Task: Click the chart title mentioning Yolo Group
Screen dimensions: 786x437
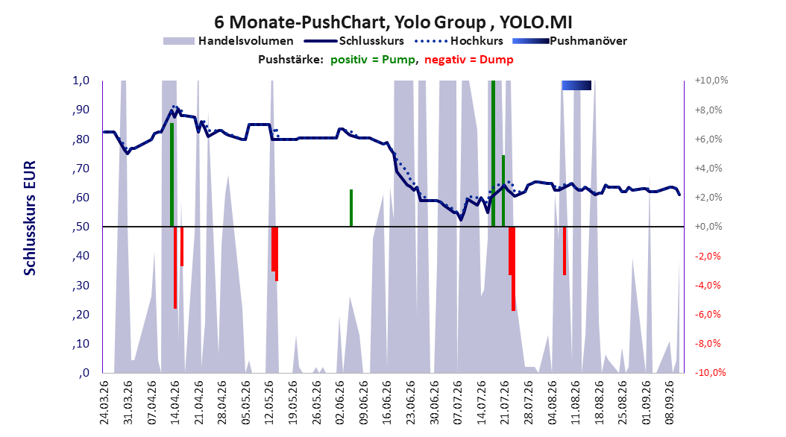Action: tap(393, 22)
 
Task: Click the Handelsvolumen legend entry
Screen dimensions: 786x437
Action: tap(228, 41)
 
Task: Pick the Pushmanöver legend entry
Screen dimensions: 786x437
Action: tap(570, 41)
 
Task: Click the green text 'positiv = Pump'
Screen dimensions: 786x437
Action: tap(373, 60)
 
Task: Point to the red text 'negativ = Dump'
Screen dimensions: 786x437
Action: tap(469, 60)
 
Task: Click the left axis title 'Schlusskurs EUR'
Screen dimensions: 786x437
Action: tap(30, 218)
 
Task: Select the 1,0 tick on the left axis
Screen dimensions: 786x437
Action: tap(81, 81)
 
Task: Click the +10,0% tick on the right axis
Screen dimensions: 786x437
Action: tap(711, 81)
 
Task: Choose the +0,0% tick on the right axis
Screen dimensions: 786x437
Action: tap(708, 227)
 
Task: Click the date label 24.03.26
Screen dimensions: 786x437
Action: tap(104, 403)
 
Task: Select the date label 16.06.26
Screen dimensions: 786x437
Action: tap(387, 403)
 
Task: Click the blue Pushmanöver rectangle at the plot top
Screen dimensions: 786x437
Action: tap(576, 85)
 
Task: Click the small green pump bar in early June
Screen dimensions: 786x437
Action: tap(351, 208)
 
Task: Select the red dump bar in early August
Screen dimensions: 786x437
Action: tap(565, 251)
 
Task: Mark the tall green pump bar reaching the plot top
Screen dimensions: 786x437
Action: tap(493, 154)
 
